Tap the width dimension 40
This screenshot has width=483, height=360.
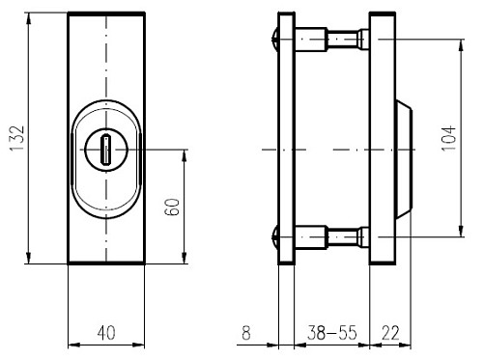click(106, 333)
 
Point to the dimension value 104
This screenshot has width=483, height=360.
click(446, 137)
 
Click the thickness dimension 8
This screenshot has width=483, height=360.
click(245, 333)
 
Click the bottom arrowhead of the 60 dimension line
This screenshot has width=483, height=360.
click(185, 259)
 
